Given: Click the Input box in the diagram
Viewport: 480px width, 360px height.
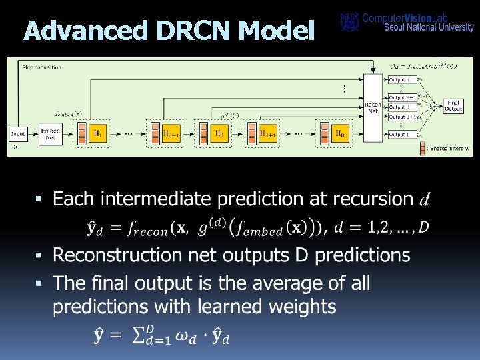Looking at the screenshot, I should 18,133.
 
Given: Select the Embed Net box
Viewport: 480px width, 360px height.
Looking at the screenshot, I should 51,133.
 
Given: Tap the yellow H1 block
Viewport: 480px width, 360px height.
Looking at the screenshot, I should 97,133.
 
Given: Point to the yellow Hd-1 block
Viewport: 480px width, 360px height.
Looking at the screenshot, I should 171,133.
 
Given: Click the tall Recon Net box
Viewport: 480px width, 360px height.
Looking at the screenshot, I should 373,107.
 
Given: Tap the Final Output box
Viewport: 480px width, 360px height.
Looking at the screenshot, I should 453,106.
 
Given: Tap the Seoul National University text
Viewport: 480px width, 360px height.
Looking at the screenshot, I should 429,27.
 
